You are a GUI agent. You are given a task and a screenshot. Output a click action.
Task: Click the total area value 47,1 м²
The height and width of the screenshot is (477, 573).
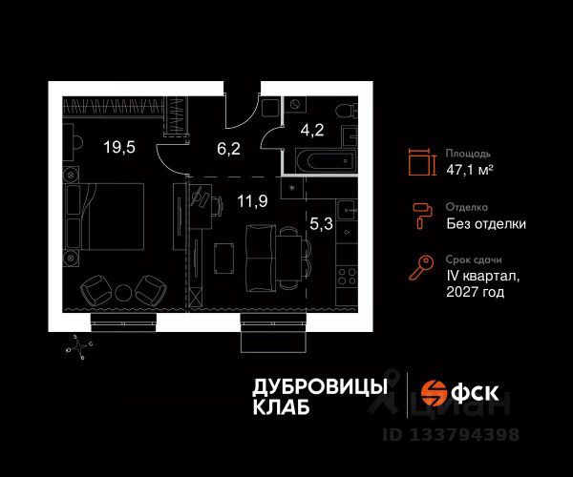point(470,171)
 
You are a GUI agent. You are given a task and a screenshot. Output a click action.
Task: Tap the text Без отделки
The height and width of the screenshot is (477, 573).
point(486,225)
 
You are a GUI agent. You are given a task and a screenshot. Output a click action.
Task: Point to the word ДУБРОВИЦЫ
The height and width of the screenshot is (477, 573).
point(320,385)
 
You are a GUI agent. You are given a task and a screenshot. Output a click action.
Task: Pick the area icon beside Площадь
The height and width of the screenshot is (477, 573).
point(419,162)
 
